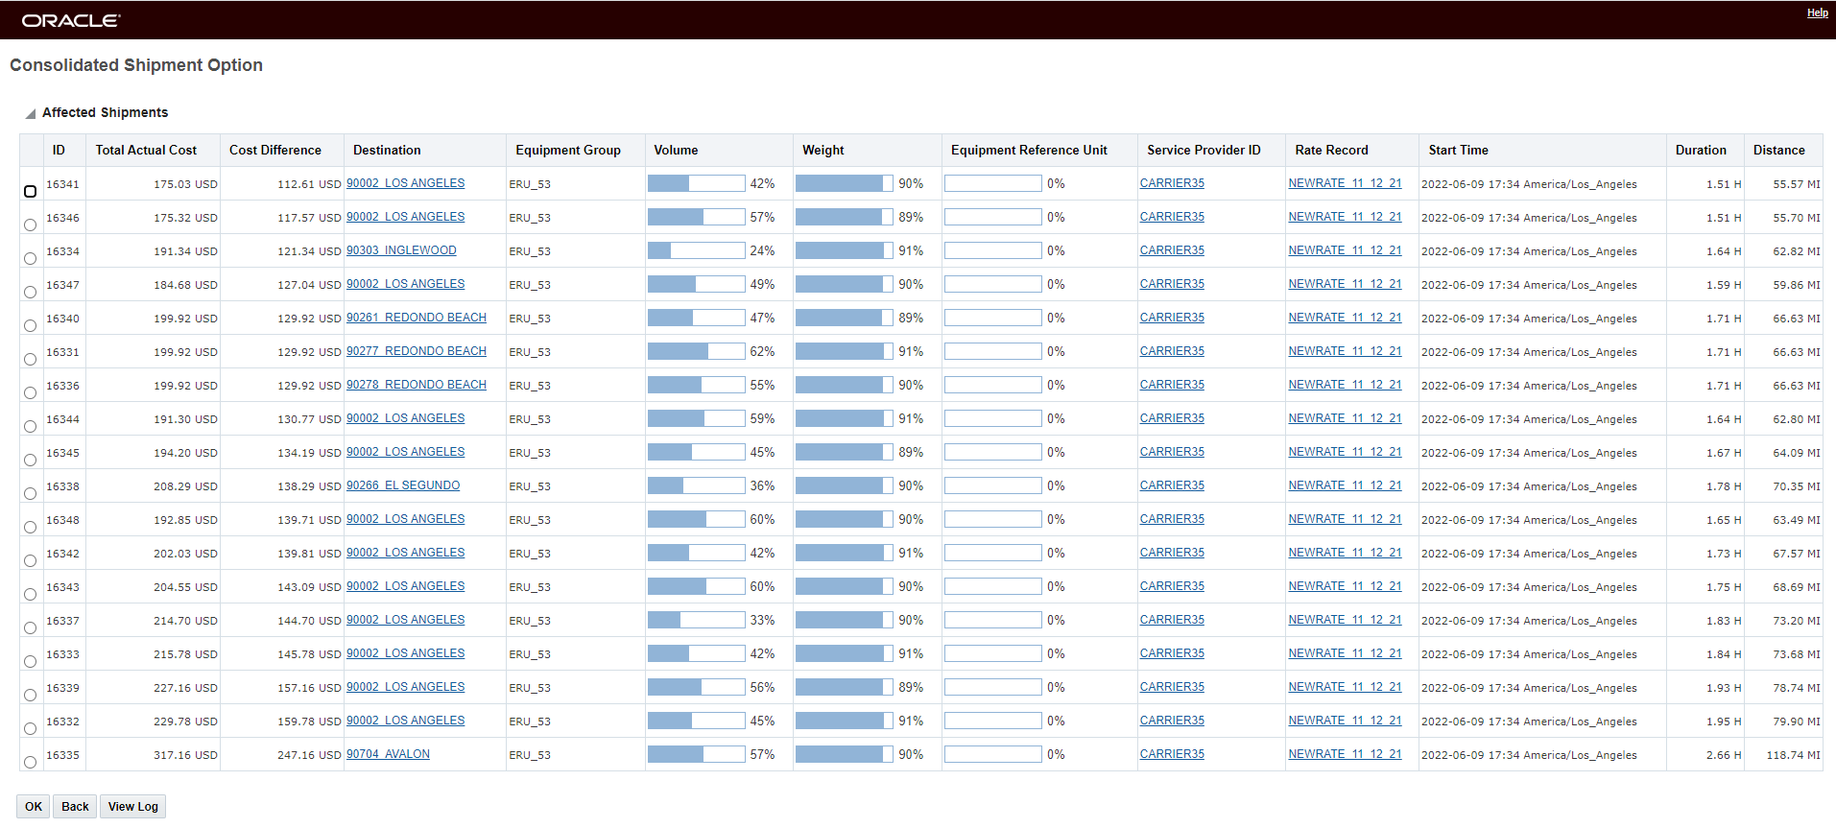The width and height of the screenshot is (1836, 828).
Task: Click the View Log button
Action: tap(132, 806)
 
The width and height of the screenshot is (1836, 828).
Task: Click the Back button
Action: tap(75, 806)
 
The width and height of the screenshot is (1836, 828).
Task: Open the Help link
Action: tap(1817, 12)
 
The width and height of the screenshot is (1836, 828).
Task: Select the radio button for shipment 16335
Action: tap(30, 762)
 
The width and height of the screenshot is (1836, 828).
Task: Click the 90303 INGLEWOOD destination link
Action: tap(401, 250)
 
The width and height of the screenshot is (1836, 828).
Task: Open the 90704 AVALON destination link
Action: tap(388, 754)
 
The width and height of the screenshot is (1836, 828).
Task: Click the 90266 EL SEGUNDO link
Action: tap(403, 485)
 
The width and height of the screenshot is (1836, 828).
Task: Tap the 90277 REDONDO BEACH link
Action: tap(417, 351)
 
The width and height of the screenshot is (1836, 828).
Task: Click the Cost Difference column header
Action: tap(275, 150)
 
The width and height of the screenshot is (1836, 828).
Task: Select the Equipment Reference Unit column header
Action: tap(1029, 150)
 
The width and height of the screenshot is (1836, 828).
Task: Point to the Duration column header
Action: tap(1701, 150)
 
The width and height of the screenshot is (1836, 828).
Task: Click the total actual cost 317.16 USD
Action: tap(185, 755)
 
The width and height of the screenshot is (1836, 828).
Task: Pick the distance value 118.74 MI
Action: tap(1793, 755)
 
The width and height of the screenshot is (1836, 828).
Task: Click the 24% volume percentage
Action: tap(762, 250)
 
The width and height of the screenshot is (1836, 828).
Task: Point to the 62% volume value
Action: tap(762, 351)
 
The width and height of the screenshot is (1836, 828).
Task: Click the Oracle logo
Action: tap(71, 20)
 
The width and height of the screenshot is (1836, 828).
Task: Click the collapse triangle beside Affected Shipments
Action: tap(31, 113)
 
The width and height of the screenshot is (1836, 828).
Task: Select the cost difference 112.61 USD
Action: tap(309, 184)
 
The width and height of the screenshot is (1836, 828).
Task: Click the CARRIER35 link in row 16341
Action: tap(1172, 183)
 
